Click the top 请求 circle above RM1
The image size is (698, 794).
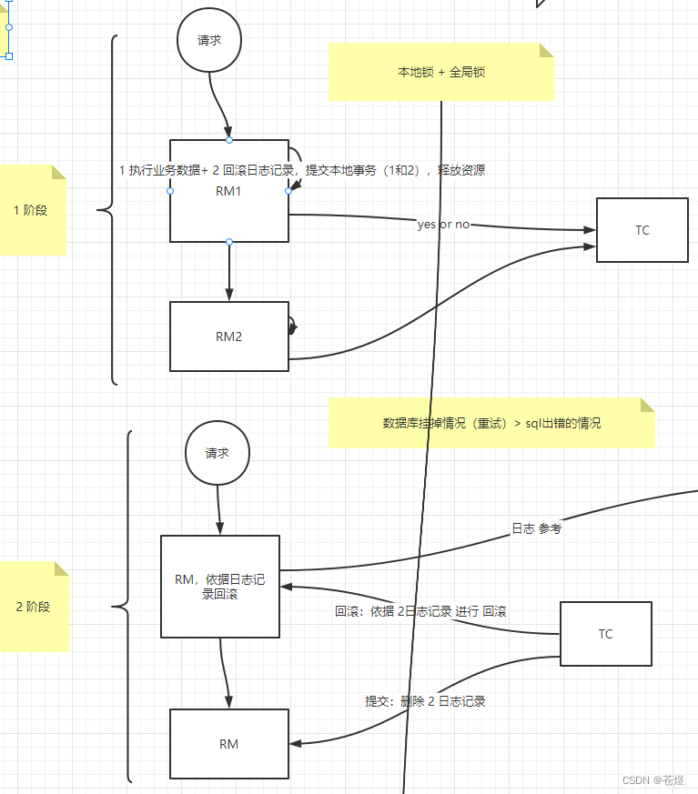click(209, 40)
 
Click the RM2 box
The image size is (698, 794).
click(228, 337)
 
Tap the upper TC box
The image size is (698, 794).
click(642, 230)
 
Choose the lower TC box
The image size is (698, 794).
click(605, 634)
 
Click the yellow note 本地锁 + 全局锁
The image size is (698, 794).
click(441, 72)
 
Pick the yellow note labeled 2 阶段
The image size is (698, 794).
click(33, 607)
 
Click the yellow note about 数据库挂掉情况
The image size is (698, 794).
click(491, 423)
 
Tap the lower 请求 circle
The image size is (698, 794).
click(217, 453)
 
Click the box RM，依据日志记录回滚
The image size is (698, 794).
click(220, 587)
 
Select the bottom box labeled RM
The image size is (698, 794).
click(228, 744)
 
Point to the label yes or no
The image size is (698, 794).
click(443, 225)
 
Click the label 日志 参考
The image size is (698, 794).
click(536, 528)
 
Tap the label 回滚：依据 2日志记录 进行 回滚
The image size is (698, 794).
click(420, 612)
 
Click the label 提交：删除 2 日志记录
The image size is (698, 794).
click(425, 701)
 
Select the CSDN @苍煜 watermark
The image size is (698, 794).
click(653, 780)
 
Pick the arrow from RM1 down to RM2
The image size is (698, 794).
click(228, 272)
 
